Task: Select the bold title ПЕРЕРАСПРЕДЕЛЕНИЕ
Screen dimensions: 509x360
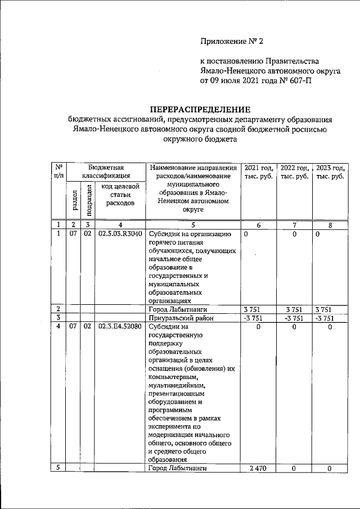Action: (x=199, y=109)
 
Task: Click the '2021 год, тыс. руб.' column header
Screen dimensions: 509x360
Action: (x=259, y=172)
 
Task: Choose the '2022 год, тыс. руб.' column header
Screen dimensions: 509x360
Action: (x=295, y=172)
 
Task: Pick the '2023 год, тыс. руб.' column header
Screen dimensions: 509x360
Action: (x=330, y=172)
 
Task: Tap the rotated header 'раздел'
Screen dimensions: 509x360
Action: (x=74, y=199)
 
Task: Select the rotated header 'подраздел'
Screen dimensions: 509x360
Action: (x=88, y=199)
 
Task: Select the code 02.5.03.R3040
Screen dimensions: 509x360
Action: (x=120, y=234)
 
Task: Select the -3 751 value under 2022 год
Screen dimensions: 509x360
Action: (x=295, y=318)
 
